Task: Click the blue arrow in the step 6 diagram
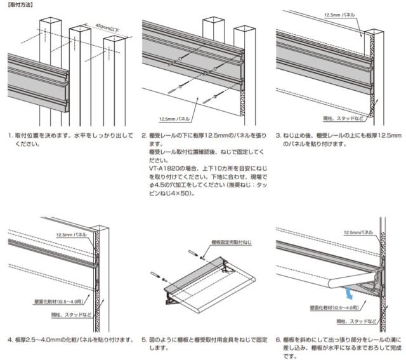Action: click(350, 293)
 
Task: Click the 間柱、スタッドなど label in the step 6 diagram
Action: click(357, 321)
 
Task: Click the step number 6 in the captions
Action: click(277, 340)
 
